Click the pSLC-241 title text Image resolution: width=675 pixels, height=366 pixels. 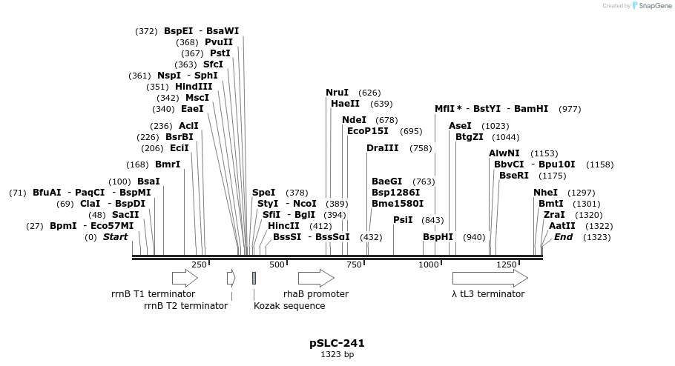click(337, 343)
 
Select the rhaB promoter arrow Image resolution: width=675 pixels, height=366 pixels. click(316, 278)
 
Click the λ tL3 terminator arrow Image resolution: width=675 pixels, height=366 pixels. click(490, 278)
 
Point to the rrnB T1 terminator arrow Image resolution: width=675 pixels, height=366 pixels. click(185, 278)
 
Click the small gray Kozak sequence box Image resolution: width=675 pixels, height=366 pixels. click(254, 278)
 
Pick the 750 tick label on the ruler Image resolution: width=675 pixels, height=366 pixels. click(354, 264)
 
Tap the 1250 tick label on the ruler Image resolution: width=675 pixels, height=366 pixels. click(507, 264)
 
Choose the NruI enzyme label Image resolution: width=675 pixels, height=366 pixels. click(337, 93)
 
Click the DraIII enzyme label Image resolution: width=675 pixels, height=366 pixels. click(382, 148)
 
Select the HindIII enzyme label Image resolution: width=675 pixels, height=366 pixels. click(194, 87)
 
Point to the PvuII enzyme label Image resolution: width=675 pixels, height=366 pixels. click(219, 42)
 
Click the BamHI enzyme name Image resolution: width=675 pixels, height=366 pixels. click(531, 109)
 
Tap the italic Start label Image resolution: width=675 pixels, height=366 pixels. click(115, 237)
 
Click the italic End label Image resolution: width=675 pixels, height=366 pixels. click(563, 237)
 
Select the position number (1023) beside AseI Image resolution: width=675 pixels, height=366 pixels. click(495, 126)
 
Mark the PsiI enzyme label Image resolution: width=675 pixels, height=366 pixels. click(403, 220)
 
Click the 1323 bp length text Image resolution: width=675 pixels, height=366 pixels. click(337, 354)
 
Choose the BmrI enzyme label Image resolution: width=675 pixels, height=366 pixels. click(168, 164)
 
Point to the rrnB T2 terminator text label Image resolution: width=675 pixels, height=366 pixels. click(185, 305)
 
